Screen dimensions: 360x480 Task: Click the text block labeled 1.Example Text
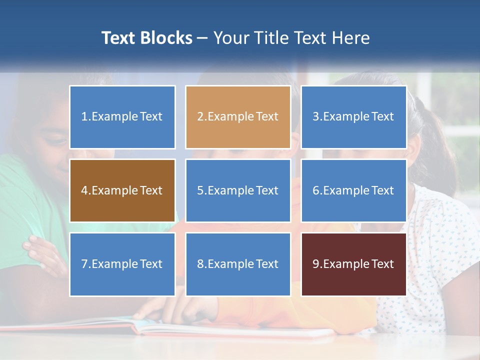click(x=122, y=117)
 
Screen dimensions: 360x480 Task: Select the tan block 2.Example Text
click(x=237, y=117)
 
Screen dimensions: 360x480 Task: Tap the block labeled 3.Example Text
click(x=353, y=117)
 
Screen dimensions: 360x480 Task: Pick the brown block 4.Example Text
click(x=122, y=190)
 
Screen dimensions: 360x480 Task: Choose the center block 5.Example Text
click(x=237, y=190)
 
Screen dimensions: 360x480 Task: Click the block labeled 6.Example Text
click(x=353, y=190)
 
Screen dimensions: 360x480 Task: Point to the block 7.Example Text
click(x=122, y=264)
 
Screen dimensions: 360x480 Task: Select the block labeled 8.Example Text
click(x=237, y=264)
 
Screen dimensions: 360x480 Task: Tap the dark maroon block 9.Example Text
click(x=353, y=264)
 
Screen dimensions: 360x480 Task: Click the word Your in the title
click(x=230, y=38)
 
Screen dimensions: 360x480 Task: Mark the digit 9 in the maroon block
click(x=316, y=264)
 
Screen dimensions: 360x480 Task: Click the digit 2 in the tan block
click(x=200, y=117)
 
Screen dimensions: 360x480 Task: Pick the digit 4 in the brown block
click(x=84, y=190)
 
